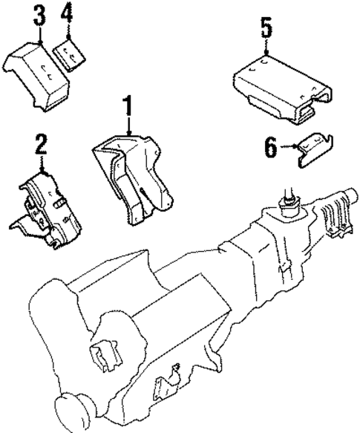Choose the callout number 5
pyautogui.click(x=266, y=29)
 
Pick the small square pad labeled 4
pyautogui.click(x=71, y=53)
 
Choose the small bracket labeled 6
pyautogui.click(x=312, y=149)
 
